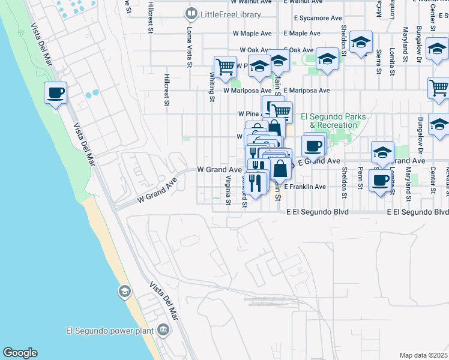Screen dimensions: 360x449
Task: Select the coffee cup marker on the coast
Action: (x=55, y=93)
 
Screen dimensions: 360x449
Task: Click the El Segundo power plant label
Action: (x=110, y=329)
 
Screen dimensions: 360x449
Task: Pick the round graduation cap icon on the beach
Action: (x=124, y=292)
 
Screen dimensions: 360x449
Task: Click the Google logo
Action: (x=20, y=353)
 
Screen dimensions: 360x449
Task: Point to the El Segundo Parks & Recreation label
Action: (x=328, y=121)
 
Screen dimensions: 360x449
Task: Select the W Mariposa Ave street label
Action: (x=247, y=91)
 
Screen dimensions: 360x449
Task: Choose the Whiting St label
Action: (x=212, y=83)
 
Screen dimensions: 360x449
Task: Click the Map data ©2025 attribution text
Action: (x=423, y=355)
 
